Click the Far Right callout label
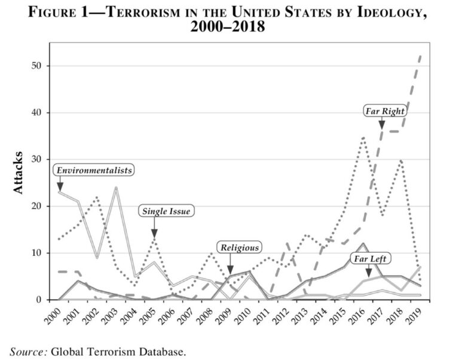[x=385, y=111]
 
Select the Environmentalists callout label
[x=94, y=170]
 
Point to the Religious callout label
[x=240, y=247]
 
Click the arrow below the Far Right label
[x=382, y=123]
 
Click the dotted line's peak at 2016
[x=363, y=137]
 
